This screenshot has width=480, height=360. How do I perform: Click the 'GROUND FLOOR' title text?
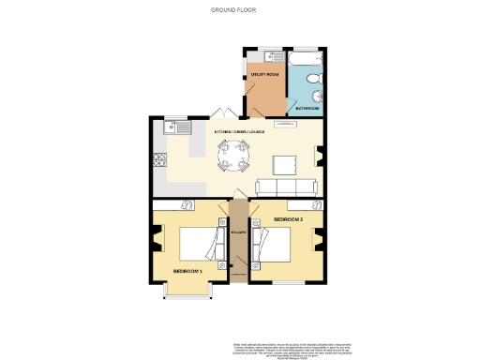point(232,10)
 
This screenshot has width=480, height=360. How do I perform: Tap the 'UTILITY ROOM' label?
point(263,73)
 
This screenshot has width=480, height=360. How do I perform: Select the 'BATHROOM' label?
point(307,109)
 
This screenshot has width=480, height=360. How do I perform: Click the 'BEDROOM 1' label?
point(187,271)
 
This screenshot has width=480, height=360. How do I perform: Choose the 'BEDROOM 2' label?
point(286,218)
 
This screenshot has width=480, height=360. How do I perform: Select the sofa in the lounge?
point(290,187)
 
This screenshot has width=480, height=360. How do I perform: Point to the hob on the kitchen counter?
point(156,164)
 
